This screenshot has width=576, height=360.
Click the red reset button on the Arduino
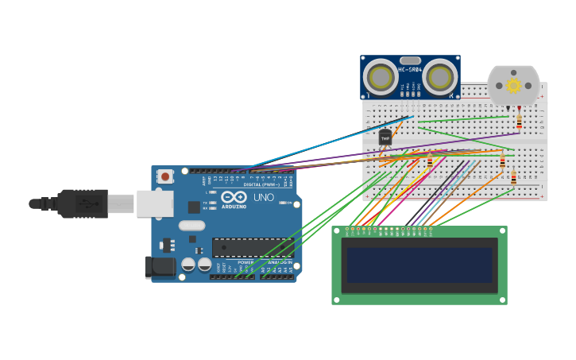[164, 176]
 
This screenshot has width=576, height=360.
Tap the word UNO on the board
[263, 197]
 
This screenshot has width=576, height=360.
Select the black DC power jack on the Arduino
[160, 267]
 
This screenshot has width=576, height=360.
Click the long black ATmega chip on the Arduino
[252, 248]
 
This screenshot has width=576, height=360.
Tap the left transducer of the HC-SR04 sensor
[381, 78]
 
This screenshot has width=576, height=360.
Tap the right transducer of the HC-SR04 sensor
[439, 78]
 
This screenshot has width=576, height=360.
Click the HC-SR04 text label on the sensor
[410, 70]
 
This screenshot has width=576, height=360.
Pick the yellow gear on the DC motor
[513, 85]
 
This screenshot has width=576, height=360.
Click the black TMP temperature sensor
[385, 137]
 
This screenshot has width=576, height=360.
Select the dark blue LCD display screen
[419, 265]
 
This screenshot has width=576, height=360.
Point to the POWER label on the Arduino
[245, 261]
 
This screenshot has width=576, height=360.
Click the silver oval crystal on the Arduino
[191, 226]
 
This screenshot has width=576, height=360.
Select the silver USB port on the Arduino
[154, 203]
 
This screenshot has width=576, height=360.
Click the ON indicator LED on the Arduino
[284, 203]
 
